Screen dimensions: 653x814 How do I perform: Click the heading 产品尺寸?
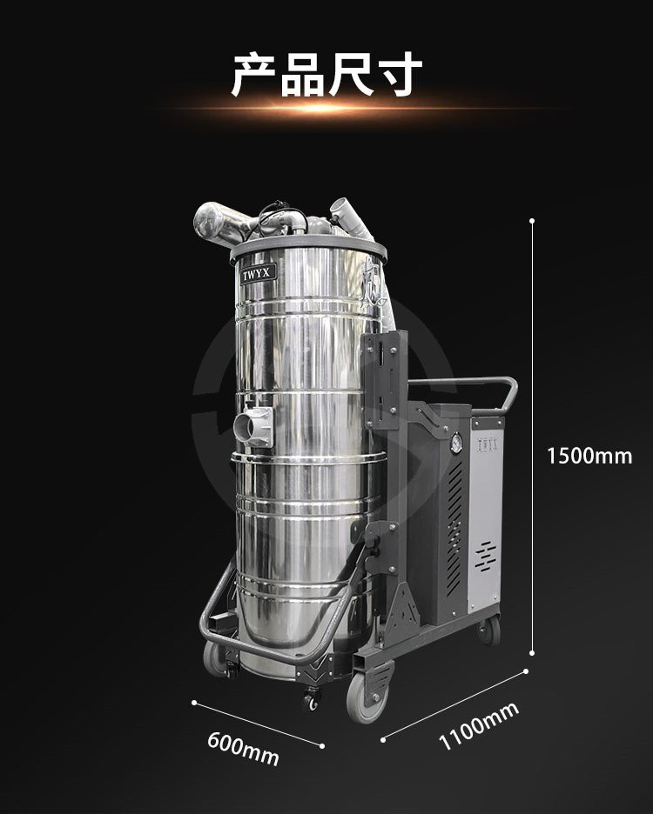coord(326,74)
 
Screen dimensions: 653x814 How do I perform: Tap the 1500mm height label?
coord(589,456)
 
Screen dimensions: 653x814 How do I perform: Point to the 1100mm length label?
coord(478,725)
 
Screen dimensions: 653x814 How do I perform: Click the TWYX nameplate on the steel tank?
coord(258,274)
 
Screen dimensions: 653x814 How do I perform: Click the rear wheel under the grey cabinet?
coord(489,631)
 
